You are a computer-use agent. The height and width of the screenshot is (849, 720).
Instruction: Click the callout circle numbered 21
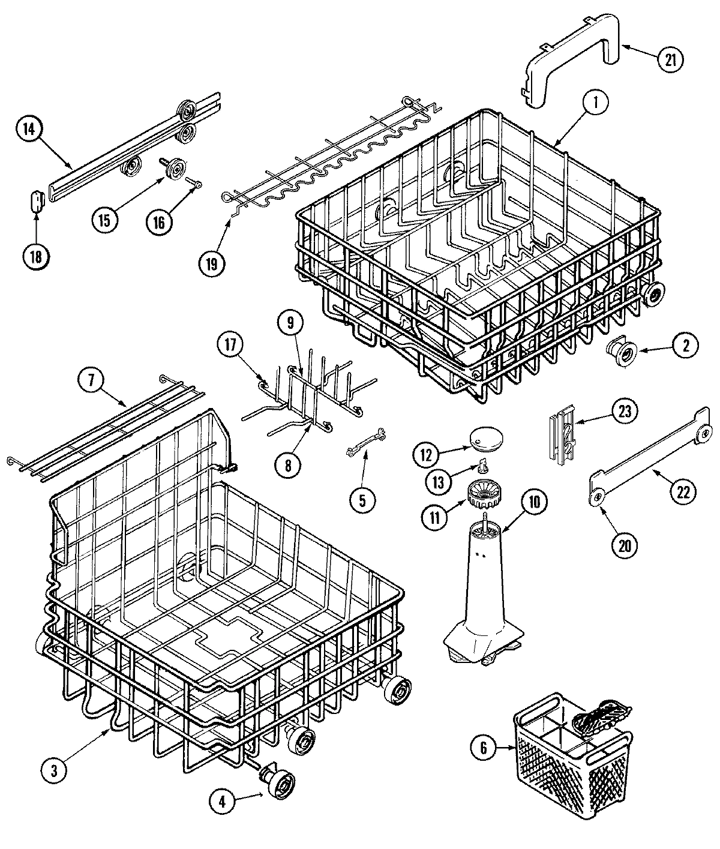[x=670, y=59]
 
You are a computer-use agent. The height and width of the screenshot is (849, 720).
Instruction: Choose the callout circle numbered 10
[x=535, y=503]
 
